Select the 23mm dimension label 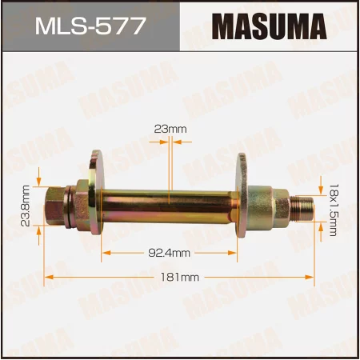pos(169,127)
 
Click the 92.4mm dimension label pos(169,252)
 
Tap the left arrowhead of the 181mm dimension pos(47,277)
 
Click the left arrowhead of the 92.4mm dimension pos(104,252)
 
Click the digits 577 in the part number pos(121,27)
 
